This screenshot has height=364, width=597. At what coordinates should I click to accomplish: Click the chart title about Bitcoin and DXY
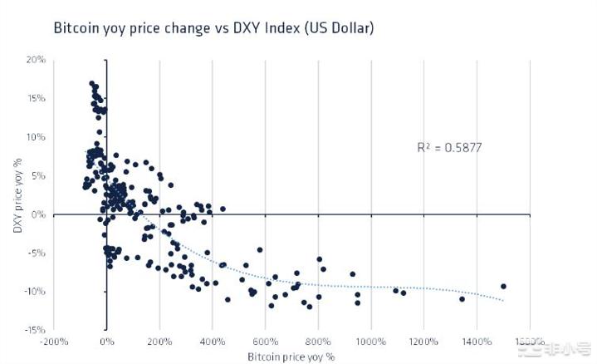pos(213,28)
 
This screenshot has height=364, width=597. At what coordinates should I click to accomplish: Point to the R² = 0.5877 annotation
pos(449,148)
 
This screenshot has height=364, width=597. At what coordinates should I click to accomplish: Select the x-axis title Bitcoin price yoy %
pos(291,357)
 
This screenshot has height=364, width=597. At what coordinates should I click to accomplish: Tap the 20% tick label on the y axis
pos(36,60)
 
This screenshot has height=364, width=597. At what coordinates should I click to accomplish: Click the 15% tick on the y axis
pos(36,98)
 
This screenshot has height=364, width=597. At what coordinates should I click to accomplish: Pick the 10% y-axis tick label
pos(36,137)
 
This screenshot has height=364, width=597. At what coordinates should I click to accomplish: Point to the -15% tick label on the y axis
pos(34,330)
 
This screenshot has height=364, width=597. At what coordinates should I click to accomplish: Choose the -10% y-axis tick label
pos(34,292)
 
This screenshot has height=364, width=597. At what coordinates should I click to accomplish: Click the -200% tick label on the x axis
pos(53,342)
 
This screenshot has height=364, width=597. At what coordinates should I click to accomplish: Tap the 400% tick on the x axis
pos(213,342)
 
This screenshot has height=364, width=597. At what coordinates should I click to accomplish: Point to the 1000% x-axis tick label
pos(371,342)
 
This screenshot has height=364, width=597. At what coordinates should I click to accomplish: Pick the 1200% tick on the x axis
pos(423,342)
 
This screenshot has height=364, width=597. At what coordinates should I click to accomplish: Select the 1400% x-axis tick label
pos(477,342)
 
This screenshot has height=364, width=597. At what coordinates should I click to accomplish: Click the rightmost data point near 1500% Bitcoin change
pos(503,287)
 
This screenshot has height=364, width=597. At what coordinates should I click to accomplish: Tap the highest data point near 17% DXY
pos(91,84)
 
